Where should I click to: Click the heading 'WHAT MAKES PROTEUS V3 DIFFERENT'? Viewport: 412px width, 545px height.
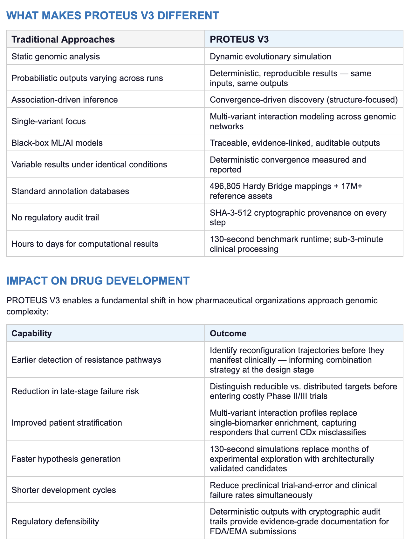[x=113, y=16]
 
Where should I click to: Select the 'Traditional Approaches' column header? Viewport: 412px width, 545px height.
[x=63, y=39]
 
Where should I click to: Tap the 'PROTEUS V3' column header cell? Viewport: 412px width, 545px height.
[x=239, y=39]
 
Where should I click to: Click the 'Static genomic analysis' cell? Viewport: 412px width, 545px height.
[x=56, y=57]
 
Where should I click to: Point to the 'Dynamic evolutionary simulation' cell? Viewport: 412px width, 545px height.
[x=271, y=57]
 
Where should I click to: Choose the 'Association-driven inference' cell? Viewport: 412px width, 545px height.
[x=65, y=100]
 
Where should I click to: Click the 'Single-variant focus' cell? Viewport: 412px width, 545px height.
[x=49, y=121]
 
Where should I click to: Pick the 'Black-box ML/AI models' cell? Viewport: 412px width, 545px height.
[x=57, y=143]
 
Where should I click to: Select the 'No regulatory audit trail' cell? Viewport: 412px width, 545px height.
[x=55, y=218]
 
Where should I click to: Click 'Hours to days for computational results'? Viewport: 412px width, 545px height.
[x=85, y=244]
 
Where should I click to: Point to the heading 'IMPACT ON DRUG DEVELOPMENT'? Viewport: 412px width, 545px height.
[x=98, y=281]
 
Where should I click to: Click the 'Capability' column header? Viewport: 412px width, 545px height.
[x=31, y=333]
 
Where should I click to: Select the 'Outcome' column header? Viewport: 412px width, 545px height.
[x=228, y=333]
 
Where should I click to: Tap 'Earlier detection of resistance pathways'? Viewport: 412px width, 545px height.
[x=86, y=360]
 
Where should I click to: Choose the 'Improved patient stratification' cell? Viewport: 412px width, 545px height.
[x=67, y=423]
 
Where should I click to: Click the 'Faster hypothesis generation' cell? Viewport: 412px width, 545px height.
[x=66, y=459]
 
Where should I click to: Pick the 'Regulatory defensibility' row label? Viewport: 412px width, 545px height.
[x=55, y=521]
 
